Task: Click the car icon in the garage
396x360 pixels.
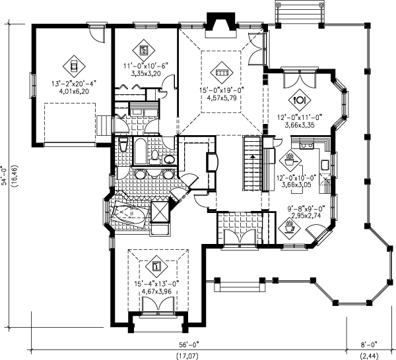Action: click(x=74, y=67)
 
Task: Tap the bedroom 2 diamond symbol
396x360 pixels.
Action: click(x=144, y=50)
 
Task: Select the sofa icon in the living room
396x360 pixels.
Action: click(x=222, y=73)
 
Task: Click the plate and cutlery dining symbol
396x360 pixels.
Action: click(x=300, y=100)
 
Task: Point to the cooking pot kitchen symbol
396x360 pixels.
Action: click(x=290, y=161)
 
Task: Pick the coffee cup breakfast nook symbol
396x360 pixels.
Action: click(x=289, y=228)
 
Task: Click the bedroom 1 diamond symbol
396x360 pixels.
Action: click(x=156, y=266)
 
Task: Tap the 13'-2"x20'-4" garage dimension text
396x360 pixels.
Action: click(x=74, y=83)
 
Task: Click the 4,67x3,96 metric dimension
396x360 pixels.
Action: click(x=156, y=291)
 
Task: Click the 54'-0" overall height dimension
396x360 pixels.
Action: click(x=5, y=176)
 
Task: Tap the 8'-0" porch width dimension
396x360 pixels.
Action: click(x=369, y=344)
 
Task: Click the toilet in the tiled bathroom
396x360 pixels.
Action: click(x=154, y=156)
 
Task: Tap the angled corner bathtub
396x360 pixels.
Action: click(x=129, y=213)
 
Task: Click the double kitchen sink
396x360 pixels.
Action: click(x=307, y=146)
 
